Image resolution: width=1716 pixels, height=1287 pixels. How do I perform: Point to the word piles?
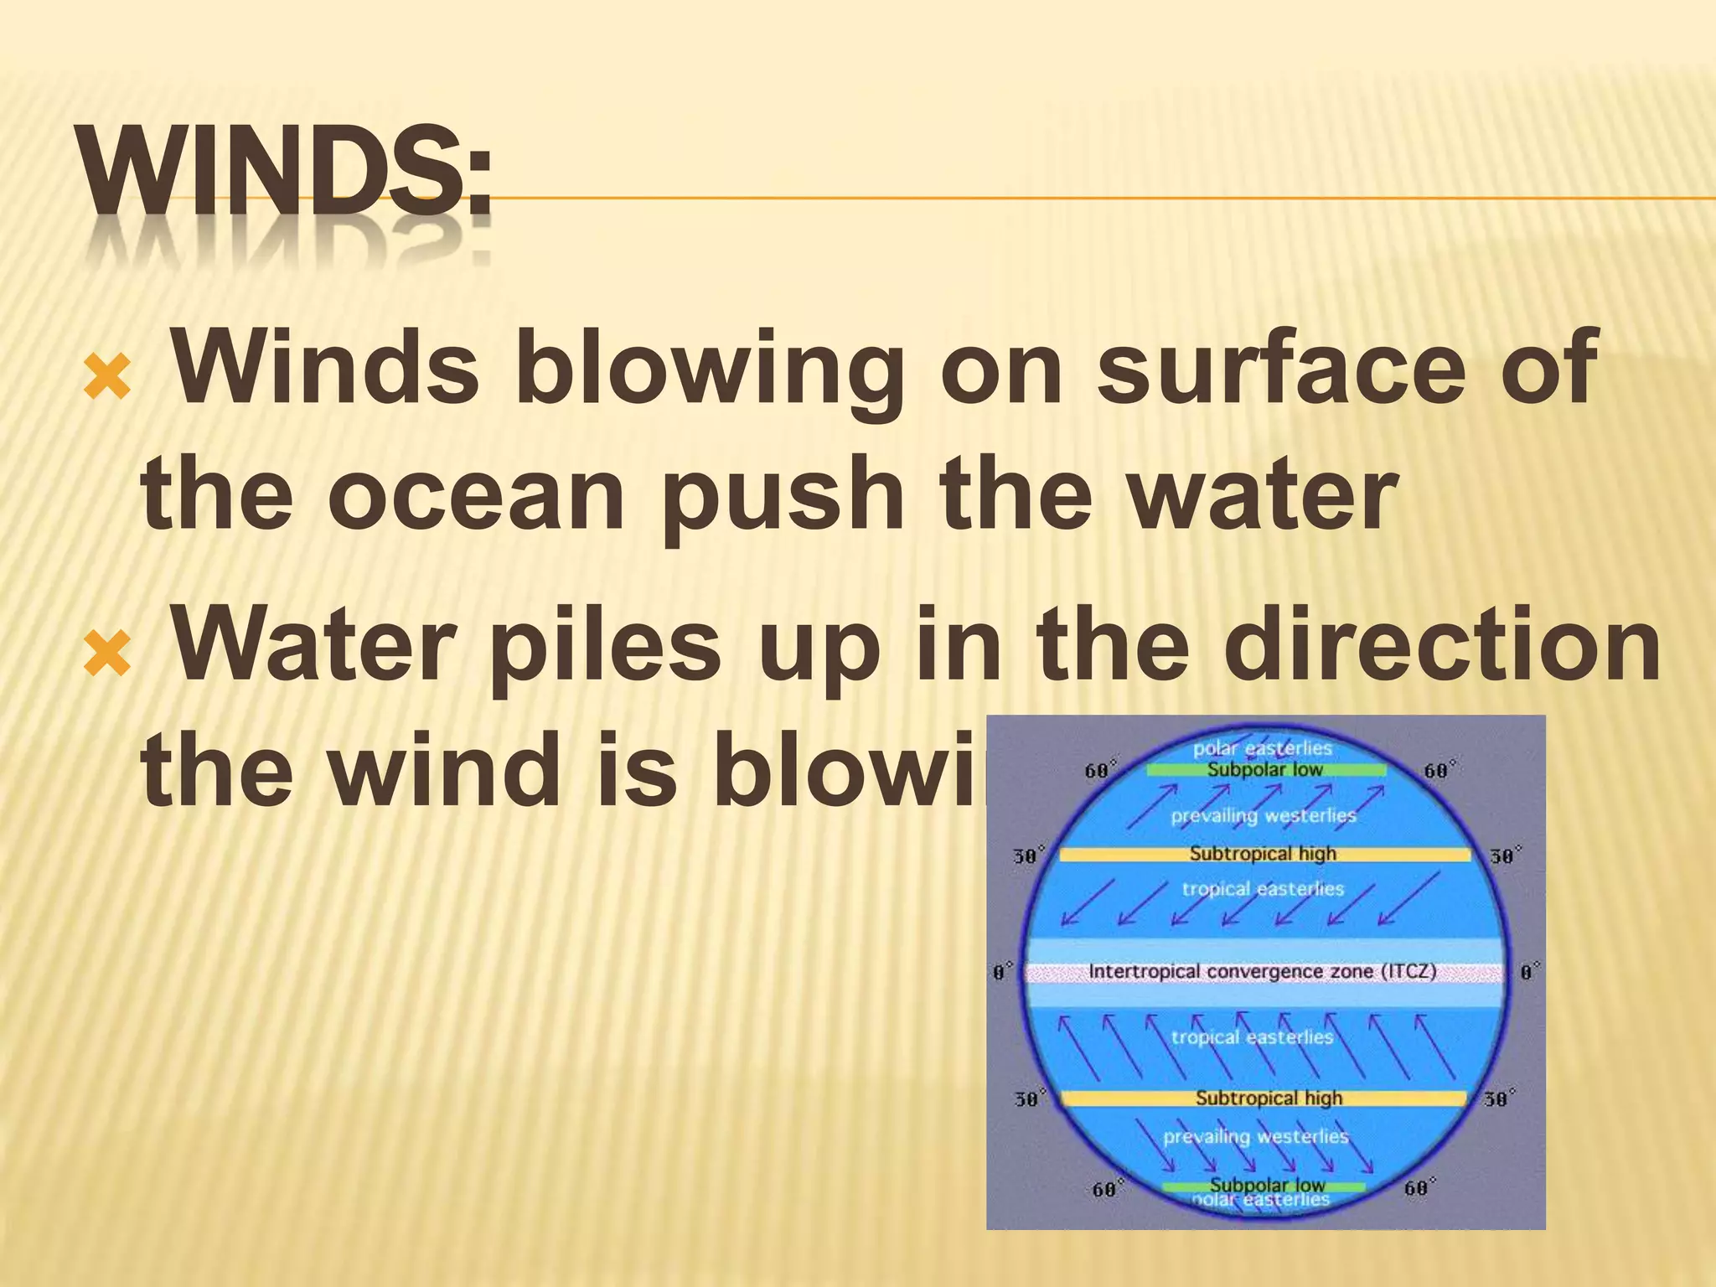click(x=603, y=646)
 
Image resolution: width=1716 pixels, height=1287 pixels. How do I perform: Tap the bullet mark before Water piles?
click(x=107, y=654)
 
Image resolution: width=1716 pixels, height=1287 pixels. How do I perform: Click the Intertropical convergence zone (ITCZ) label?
click(x=1262, y=972)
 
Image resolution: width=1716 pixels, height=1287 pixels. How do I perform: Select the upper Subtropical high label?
click(x=1263, y=854)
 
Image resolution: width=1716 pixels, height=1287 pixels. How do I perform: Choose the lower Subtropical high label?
click(x=1268, y=1098)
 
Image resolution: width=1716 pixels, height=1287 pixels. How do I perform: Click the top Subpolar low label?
click(x=1264, y=769)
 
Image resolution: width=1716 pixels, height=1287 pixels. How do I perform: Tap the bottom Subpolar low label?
click(x=1267, y=1185)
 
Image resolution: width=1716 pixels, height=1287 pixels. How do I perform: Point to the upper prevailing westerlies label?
click(x=1263, y=815)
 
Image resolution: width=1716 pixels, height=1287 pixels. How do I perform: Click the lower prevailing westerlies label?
click(x=1255, y=1137)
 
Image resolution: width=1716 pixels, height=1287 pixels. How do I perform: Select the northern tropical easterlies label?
click(x=1263, y=889)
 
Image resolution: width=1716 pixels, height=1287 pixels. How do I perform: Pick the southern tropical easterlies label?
click(x=1252, y=1037)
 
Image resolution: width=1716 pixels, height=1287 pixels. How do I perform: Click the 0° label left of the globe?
click(x=1002, y=973)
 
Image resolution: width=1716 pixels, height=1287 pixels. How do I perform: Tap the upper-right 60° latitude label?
click(x=1439, y=770)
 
